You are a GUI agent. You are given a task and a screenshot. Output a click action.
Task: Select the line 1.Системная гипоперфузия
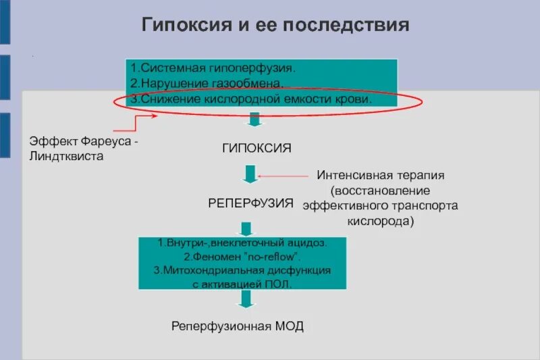pyautogui.click(x=213, y=68)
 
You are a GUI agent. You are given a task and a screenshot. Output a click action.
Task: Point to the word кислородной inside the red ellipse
pyautogui.click(x=247, y=99)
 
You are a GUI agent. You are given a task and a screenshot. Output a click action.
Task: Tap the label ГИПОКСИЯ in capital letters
pyautogui.click(x=256, y=147)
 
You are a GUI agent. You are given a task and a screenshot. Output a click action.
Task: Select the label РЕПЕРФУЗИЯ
pyautogui.click(x=250, y=202)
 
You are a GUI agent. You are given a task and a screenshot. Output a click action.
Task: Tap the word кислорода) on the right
pyautogui.click(x=381, y=220)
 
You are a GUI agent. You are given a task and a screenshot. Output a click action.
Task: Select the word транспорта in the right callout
pyautogui.click(x=429, y=205)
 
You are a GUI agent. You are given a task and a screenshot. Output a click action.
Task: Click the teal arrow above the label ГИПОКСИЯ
pyautogui.click(x=254, y=120)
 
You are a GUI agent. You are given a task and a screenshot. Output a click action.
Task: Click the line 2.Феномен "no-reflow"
pyautogui.click(x=242, y=257)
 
